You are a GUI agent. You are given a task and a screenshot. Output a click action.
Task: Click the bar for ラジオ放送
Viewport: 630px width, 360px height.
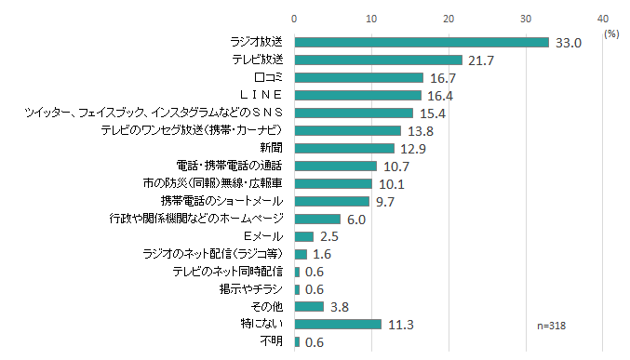coord(422,42)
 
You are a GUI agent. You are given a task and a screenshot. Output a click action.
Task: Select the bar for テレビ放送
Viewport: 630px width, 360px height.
coord(378,60)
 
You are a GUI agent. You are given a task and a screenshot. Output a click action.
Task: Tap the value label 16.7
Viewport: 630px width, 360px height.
coord(443,78)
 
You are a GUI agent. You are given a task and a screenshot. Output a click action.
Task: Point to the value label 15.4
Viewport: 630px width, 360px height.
coord(433,113)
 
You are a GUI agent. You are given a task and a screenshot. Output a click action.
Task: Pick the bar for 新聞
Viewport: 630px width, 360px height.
coord(344,148)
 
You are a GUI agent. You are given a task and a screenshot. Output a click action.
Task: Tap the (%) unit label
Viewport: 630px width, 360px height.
coord(611,33)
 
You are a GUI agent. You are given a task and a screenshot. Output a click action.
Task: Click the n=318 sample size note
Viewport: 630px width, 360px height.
coord(553,326)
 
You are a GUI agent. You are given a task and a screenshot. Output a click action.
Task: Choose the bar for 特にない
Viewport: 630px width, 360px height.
coord(338,324)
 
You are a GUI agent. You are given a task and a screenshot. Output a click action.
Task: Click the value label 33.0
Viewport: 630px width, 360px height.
coord(569,43)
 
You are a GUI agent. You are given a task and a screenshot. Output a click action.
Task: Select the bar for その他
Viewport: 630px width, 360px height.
coord(309,306)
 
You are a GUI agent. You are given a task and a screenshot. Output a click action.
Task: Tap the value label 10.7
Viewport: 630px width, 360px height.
coord(396,167)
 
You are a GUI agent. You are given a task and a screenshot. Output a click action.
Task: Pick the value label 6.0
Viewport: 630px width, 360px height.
coord(356,220)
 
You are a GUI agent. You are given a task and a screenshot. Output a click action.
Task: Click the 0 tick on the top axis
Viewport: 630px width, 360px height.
coord(294,18)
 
